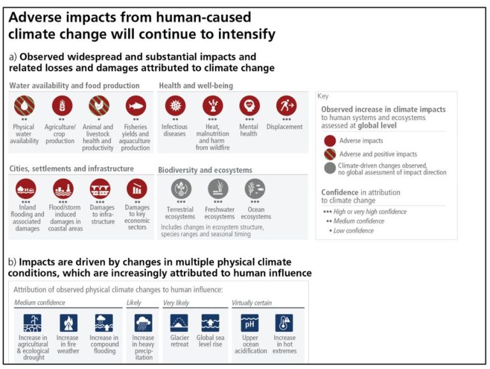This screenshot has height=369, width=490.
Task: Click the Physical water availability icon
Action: click(x=24, y=105)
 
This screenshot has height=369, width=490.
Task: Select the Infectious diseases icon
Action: click(x=174, y=105)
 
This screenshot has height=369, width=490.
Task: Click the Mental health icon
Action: click(x=249, y=105)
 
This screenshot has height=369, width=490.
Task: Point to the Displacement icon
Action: click(x=285, y=105)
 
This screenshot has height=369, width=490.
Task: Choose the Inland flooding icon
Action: click(x=26, y=188)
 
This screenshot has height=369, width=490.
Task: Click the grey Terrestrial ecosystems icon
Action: click(x=181, y=188)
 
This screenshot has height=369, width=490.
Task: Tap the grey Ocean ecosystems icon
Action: click(x=255, y=188)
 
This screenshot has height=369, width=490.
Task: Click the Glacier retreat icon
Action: click(x=179, y=322)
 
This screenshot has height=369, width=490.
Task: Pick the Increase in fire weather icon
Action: click(x=68, y=322)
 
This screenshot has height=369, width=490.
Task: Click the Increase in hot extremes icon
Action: click(x=284, y=322)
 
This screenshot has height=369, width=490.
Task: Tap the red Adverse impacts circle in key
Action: click(x=329, y=141)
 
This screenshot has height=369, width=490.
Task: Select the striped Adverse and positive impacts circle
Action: click(x=329, y=154)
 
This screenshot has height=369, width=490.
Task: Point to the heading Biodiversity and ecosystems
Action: click(x=205, y=170)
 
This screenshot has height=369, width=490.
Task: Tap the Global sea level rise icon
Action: click(x=210, y=322)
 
